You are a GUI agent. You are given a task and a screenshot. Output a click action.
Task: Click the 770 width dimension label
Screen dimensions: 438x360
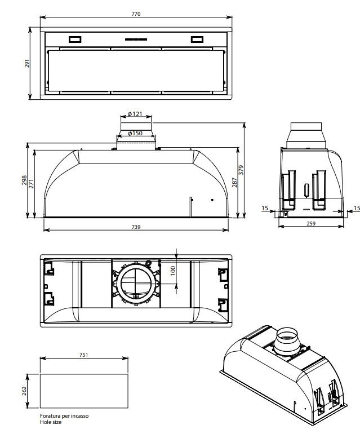[135, 13]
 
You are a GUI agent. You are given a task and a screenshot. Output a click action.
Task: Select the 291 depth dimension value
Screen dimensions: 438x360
[26, 64]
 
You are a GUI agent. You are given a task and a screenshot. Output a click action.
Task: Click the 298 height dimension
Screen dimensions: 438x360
[24, 180]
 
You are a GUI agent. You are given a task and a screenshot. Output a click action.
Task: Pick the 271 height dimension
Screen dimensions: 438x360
[32, 183]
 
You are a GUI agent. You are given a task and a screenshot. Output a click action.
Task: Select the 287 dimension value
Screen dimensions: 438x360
[235, 183]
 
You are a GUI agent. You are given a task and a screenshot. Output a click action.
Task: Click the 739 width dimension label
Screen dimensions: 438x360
[135, 227]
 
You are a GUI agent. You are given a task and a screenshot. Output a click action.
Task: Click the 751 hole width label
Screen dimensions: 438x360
[83, 355]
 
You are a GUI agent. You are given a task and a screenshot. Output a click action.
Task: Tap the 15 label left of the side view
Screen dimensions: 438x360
[265, 209]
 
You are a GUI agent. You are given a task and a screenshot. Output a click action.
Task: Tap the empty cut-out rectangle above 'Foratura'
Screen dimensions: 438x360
[83, 391]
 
